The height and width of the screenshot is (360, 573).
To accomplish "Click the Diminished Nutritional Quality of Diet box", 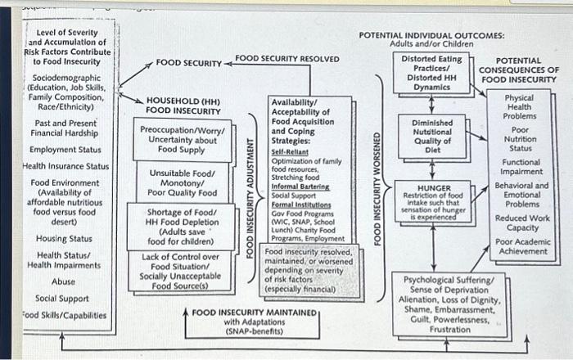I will [431, 136].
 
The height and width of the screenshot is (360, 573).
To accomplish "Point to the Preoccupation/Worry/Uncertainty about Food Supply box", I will [177, 139].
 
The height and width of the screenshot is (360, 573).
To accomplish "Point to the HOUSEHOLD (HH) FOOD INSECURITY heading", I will [183, 105].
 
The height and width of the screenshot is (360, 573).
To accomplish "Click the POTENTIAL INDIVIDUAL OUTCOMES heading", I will [431, 37].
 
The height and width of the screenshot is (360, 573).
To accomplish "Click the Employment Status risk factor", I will [65, 150].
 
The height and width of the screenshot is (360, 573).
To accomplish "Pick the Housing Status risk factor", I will [64, 238].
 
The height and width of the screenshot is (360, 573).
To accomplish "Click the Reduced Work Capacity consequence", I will [521, 223].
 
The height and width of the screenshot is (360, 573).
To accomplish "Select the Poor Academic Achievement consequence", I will [521, 246].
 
